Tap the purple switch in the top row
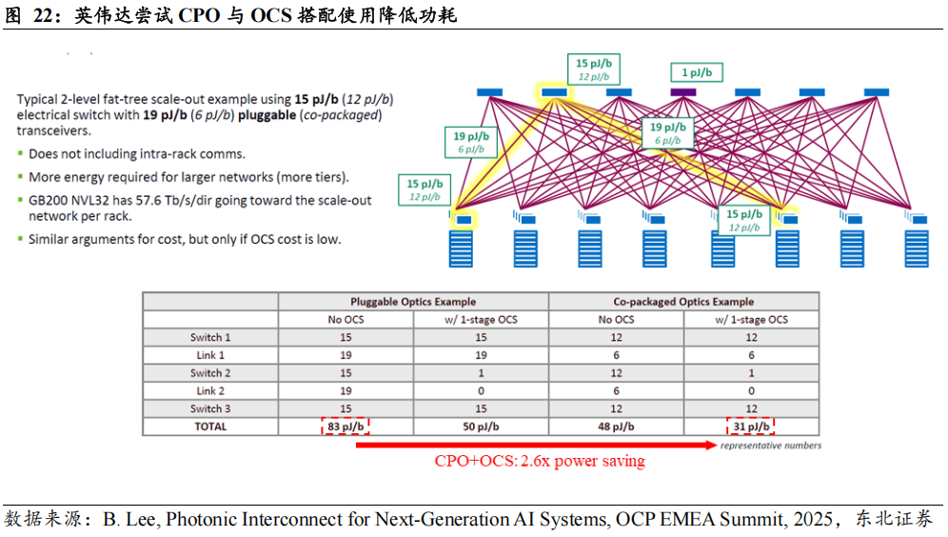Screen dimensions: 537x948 682,92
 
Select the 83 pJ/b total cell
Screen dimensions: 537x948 346,427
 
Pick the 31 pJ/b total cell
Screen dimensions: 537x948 751,427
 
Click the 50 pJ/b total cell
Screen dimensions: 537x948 482,427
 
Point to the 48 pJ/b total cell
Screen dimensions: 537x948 616,427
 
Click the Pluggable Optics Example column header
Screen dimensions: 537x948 413,302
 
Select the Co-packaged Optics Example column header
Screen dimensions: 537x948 683,302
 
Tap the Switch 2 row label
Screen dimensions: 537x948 210,373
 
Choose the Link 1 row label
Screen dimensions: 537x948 210,355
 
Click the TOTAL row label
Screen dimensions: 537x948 210,427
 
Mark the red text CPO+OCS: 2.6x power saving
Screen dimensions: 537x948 540,462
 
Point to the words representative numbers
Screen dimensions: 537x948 770,446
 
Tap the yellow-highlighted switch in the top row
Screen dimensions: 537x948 554,92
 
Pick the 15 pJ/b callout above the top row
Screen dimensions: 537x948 594,70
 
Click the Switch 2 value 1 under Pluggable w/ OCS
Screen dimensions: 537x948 482,373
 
